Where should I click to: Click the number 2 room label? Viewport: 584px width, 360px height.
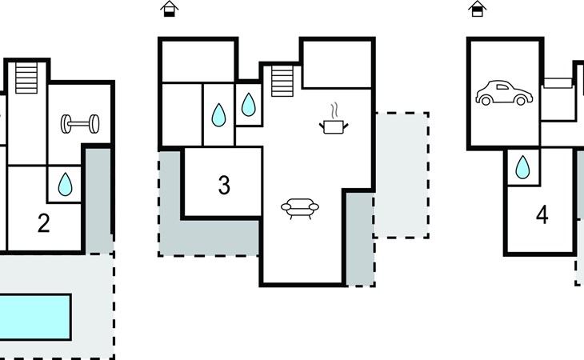point(43,223)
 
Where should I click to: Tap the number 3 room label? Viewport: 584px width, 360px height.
point(224,185)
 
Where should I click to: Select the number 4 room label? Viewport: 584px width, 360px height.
point(542,215)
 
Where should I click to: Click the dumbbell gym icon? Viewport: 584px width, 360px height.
point(80,124)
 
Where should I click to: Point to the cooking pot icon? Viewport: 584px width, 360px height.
point(334,126)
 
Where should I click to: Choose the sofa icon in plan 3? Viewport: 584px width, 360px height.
point(300,209)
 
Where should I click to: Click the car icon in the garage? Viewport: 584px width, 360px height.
point(504,93)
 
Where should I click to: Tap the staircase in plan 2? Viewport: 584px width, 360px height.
point(26,78)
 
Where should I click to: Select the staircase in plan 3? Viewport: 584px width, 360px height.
point(282,81)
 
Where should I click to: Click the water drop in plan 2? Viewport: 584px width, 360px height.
point(65,184)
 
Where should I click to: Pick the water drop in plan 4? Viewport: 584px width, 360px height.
point(522,167)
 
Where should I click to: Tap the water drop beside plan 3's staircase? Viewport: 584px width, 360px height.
point(249,105)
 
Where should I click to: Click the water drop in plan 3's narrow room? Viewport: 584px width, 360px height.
point(218,115)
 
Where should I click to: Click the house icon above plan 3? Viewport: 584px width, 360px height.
point(170,9)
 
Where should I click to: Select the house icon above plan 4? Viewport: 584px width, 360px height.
point(478,9)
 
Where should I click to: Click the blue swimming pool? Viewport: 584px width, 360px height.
point(34,317)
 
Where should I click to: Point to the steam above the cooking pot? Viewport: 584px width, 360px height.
point(335,110)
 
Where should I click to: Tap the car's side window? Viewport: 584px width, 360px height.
point(502,87)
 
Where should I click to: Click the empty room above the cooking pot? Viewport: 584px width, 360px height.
point(337,64)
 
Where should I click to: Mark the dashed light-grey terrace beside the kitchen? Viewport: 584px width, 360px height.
point(402,175)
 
